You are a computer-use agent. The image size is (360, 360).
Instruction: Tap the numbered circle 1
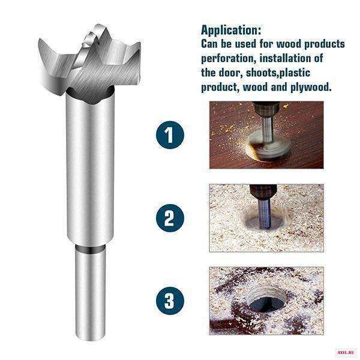(x=170, y=135)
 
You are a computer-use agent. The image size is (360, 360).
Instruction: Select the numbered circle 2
(x=170, y=218)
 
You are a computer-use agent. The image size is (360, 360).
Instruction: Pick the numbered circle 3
(x=170, y=301)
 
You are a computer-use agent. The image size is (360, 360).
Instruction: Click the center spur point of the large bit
(x=97, y=28)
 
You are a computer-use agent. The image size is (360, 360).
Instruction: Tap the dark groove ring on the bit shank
(x=91, y=249)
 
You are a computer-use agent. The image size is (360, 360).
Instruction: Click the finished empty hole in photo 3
(x=267, y=301)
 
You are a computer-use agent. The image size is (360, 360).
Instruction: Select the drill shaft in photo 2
(x=265, y=214)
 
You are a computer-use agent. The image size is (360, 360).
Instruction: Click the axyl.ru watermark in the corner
(x=347, y=352)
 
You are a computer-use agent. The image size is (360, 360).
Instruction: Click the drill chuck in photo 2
(x=263, y=192)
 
